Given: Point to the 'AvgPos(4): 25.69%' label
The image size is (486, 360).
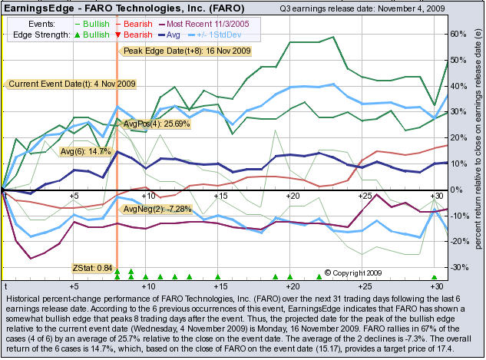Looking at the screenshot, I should point(156,124).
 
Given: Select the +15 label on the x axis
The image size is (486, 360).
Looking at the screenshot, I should point(220,197).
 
